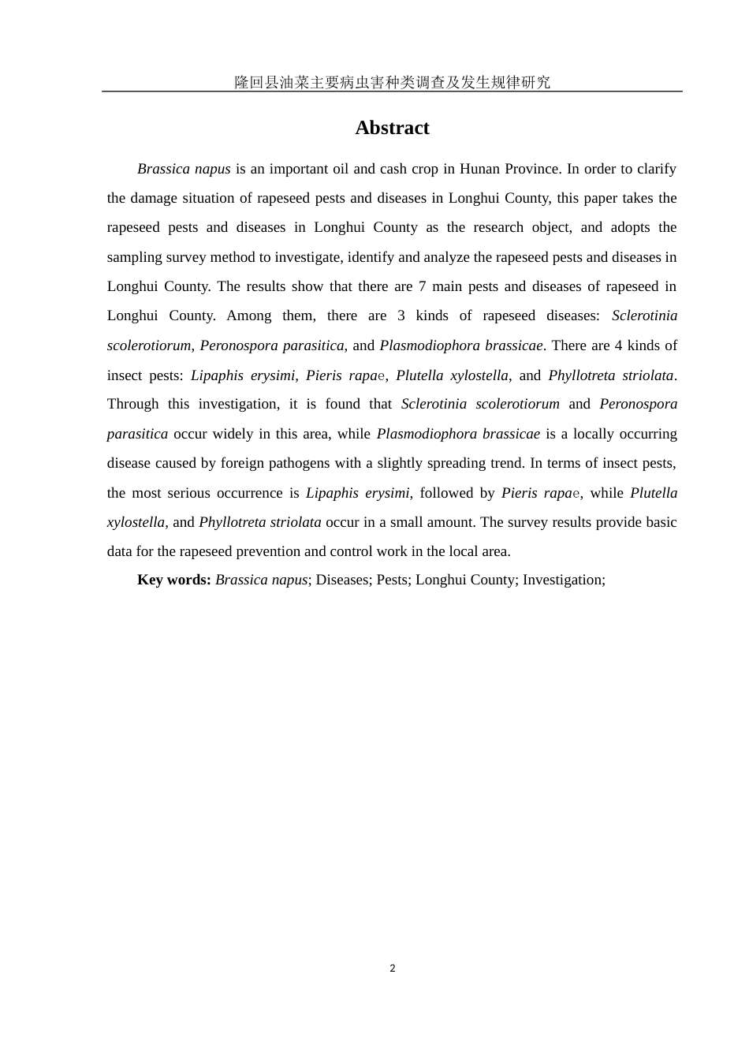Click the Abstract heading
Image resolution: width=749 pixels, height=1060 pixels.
point(392,128)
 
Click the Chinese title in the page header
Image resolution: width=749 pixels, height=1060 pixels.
point(392,82)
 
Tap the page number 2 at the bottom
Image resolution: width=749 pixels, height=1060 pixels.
point(393,969)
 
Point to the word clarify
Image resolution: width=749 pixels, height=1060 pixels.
point(658,169)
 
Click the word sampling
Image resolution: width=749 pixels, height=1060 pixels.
point(132,257)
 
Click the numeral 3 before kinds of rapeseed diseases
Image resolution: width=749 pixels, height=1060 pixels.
point(401,315)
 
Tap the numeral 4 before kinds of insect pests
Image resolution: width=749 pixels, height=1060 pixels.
point(619,345)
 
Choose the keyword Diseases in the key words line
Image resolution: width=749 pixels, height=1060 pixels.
point(342,580)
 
